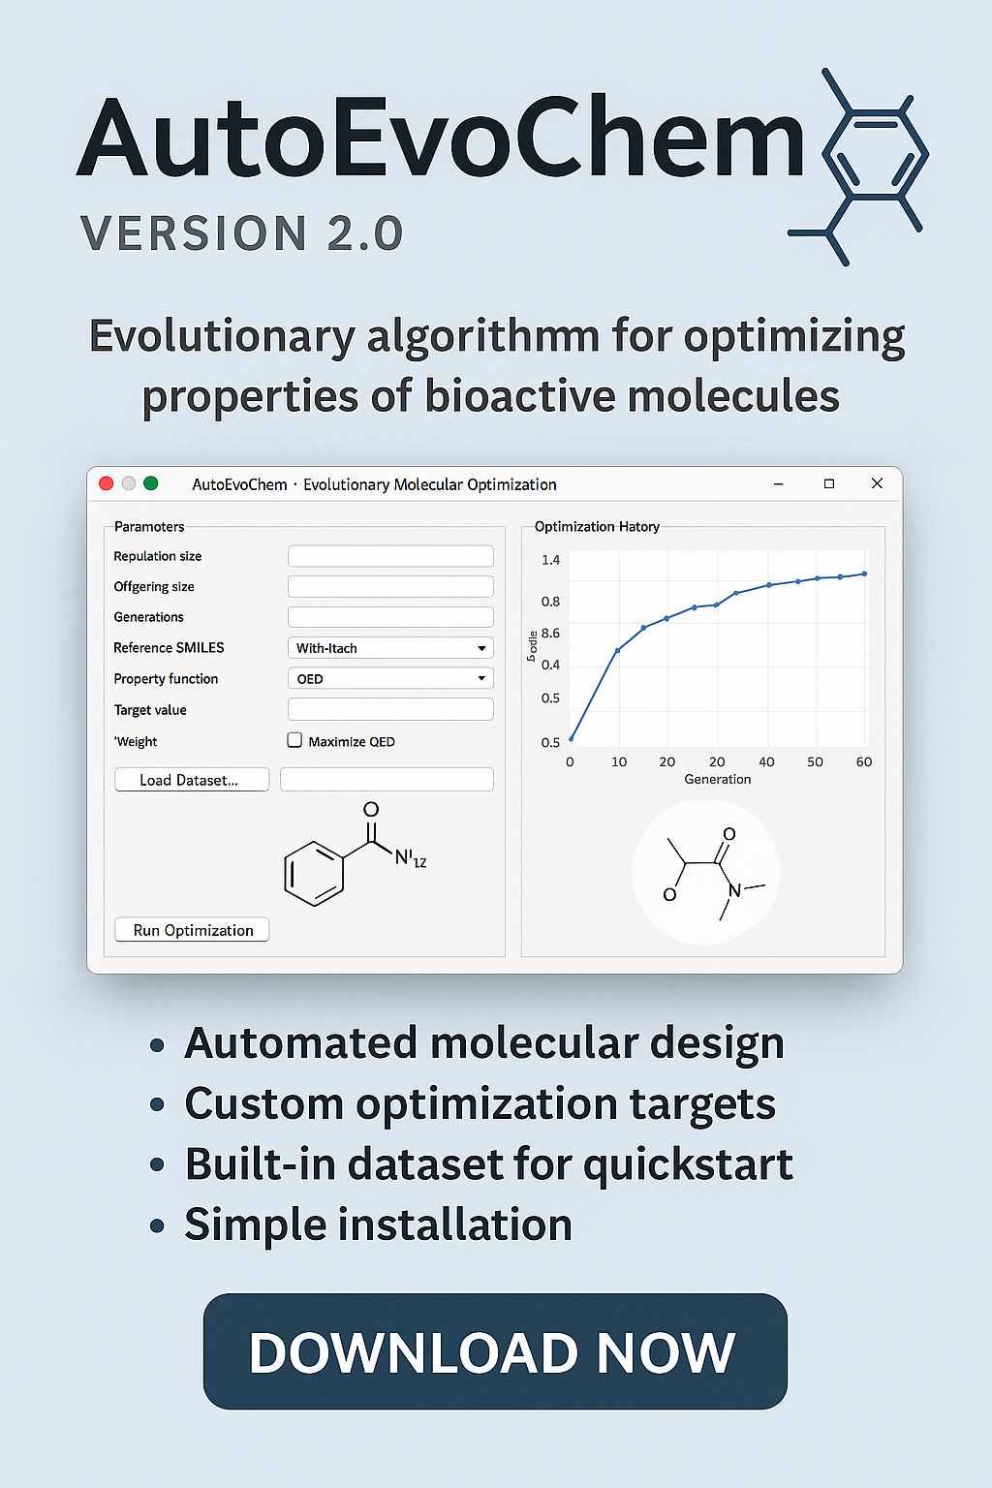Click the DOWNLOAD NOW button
tap(495, 1351)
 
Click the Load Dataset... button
tap(192, 780)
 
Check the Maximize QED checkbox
tap(295, 741)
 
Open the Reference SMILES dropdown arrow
tap(481, 648)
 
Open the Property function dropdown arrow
tap(481, 679)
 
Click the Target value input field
tap(390, 710)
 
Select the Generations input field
tap(390, 617)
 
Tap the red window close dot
tap(107, 483)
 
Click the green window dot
tap(151, 483)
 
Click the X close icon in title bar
tap(877, 483)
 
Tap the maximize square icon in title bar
tap(829, 483)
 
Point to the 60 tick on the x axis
tap(864, 762)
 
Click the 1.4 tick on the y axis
tap(550, 560)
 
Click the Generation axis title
tap(718, 779)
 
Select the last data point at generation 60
tap(865, 573)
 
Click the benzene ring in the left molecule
tap(314, 873)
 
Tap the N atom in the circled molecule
tap(734, 890)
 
